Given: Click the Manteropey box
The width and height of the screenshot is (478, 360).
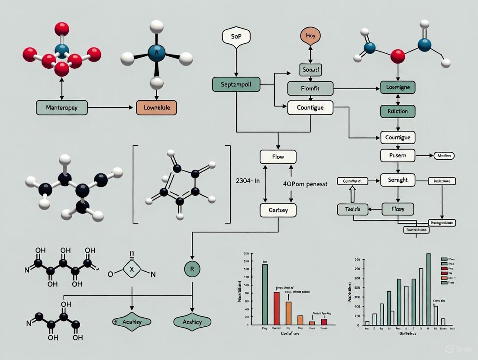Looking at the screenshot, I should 62,108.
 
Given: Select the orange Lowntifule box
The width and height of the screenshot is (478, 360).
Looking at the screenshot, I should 156,108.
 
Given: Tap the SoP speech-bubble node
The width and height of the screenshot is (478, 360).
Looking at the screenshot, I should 236,37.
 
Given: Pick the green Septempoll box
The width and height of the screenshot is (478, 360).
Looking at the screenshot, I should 236,84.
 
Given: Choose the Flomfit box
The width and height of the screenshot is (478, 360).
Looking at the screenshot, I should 310,89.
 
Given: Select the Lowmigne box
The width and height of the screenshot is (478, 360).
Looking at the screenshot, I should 397,87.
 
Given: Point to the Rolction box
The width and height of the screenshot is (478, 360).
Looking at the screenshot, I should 397,111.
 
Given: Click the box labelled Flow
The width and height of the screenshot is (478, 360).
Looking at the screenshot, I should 278,157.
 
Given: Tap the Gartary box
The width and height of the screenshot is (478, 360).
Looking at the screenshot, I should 278,210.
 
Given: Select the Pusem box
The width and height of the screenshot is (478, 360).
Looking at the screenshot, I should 397,155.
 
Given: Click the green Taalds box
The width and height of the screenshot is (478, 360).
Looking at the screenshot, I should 355,209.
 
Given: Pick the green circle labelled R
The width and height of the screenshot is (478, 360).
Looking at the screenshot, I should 192,269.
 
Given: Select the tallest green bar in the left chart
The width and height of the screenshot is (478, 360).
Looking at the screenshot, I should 265,294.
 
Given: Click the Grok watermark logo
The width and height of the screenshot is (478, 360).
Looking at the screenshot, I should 450,349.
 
